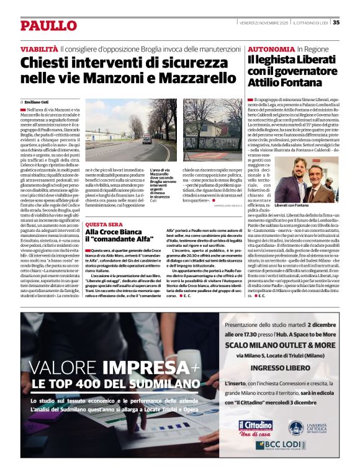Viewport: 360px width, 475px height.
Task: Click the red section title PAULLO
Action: [x=48, y=25]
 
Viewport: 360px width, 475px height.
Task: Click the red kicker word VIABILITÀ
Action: [x=39, y=48]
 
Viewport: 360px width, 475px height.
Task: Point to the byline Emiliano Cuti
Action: [x=37, y=101]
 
